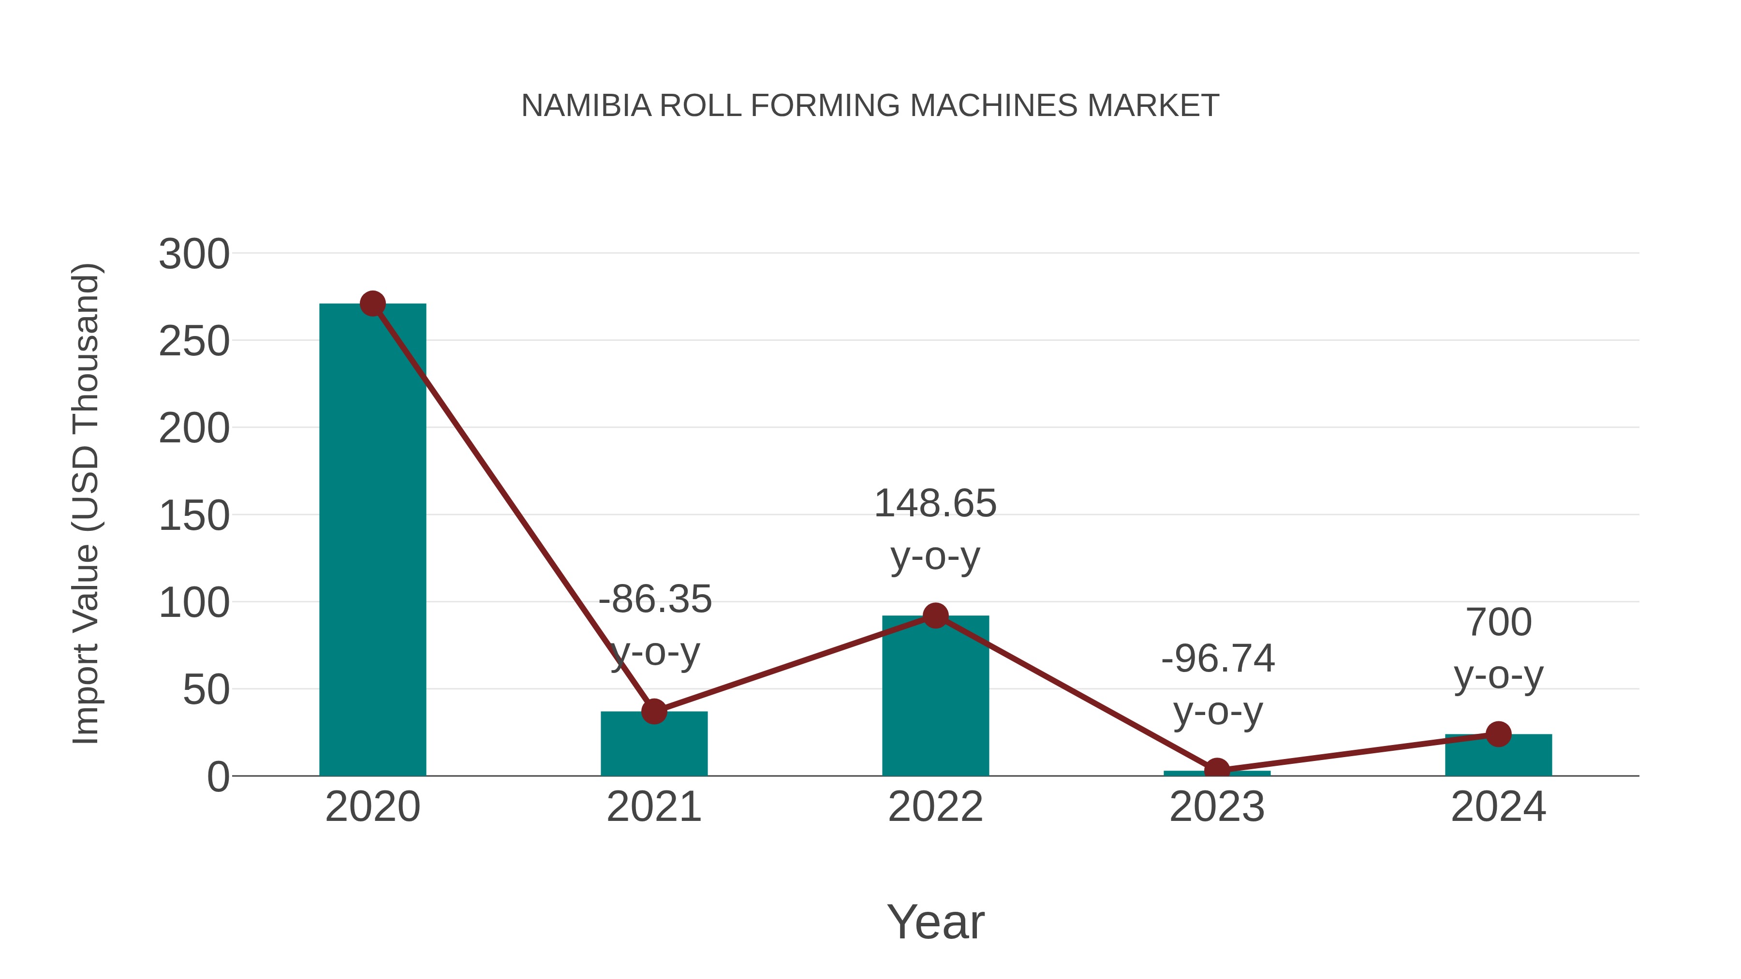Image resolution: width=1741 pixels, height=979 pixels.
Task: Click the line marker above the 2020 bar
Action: pyautogui.click(x=372, y=304)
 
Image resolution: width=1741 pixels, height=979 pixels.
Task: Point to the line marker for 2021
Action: pyautogui.click(x=653, y=712)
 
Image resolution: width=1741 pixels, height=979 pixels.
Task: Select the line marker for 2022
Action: pyautogui.click(x=935, y=615)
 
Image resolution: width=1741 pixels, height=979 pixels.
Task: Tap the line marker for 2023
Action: pyautogui.click(x=1217, y=770)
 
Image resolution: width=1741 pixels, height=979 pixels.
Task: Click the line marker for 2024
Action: pyautogui.click(x=1498, y=734)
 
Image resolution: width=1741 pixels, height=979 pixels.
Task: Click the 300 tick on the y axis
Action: pyautogui.click(x=194, y=255)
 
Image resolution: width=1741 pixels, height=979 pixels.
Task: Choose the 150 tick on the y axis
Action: pyautogui.click(x=194, y=516)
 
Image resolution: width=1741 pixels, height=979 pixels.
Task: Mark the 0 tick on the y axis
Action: pyautogui.click(x=218, y=777)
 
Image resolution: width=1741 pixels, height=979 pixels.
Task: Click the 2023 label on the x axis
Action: pyautogui.click(x=1217, y=807)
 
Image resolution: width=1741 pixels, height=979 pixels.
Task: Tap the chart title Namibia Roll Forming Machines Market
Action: pyautogui.click(x=870, y=106)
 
